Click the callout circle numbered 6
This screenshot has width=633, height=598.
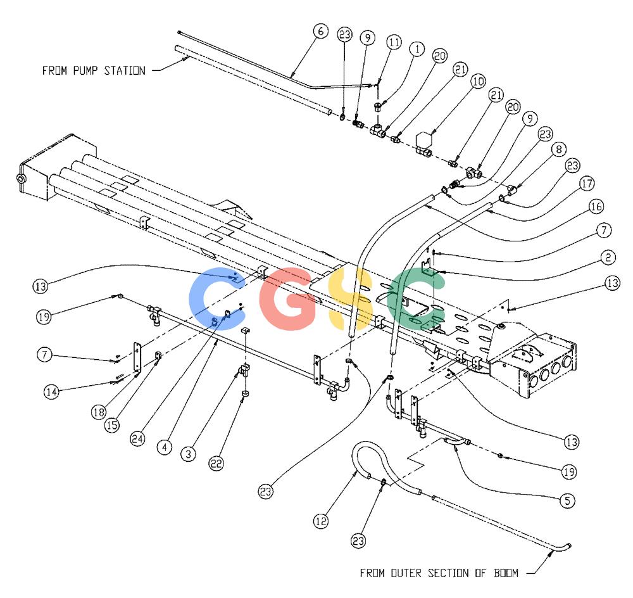click(x=320, y=31)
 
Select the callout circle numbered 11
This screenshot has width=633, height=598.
click(x=394, y=42)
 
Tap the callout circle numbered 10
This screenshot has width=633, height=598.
click(x=478, y=81)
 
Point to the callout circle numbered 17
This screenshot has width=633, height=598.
click(x=587, y=184)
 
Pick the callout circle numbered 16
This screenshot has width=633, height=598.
click(x=596, y=207)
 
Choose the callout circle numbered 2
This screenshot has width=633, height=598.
click(x=608, y=257)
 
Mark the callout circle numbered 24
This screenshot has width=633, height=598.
click(x=137, y=439)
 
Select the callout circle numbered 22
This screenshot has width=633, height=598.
click(x=216, y=463)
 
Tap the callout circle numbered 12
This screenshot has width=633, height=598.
click(x=321, y=521)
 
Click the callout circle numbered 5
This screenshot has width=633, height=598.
click(x=567, y=501)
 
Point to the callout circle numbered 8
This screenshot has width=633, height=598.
click(x=559, y=149)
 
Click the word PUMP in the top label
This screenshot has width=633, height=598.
click(x=85, y=71)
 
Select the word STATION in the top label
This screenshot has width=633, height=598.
click(x=125, y=71)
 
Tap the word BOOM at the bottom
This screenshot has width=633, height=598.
click(x=506, y=573)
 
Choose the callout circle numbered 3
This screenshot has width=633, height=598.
click(x=188, y=454)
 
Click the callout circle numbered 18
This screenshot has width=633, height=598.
click(x=99, y=412)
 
